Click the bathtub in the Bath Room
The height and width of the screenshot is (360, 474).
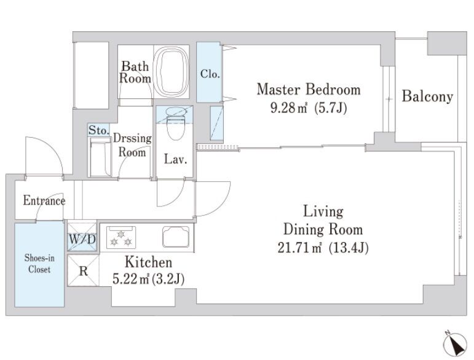172,72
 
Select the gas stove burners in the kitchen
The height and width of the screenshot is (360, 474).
121,237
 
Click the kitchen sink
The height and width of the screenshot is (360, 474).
176,237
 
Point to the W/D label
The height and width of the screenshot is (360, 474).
82,239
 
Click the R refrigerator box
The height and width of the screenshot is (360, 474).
83,270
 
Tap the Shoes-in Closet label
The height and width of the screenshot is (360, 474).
39,264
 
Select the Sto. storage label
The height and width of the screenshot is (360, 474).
99,130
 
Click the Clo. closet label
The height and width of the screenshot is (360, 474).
210,73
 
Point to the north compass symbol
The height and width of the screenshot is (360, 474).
456,345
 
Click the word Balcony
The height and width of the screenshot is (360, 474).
427,96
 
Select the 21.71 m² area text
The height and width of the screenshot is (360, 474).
299,248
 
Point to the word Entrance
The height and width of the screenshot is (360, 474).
44,200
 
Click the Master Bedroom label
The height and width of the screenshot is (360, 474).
309,89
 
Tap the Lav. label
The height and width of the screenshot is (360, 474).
176,159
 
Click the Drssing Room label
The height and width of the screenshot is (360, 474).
132,145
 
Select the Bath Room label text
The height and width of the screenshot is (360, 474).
135,72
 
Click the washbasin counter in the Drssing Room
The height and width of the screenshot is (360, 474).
100,157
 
